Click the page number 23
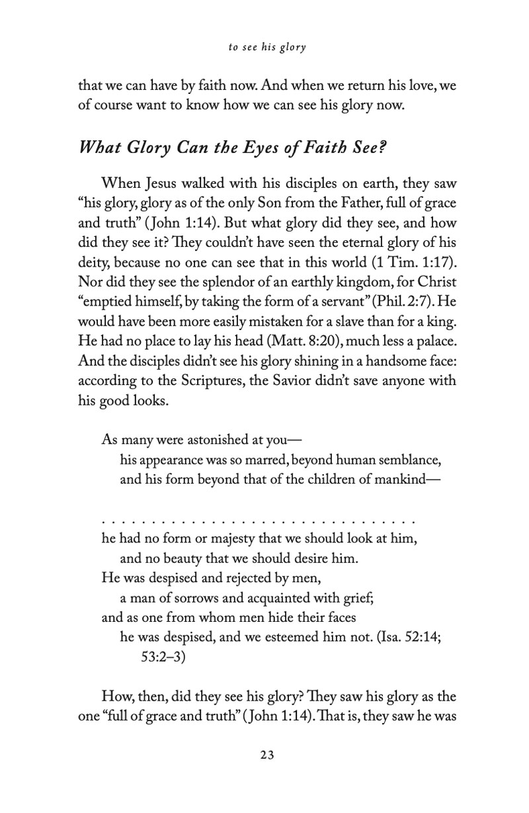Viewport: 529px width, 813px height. pos(266,755)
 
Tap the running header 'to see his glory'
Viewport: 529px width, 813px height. pos(266,48)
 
